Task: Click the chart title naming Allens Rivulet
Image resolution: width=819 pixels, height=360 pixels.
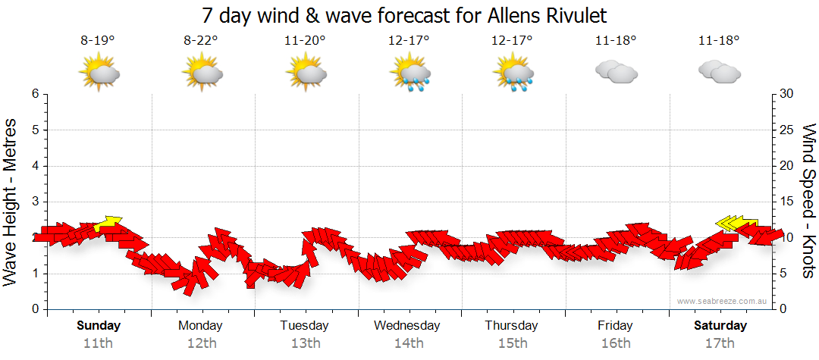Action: click(x=405, y=16)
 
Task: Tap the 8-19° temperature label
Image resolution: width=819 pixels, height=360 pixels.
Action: click(x=98, y=41)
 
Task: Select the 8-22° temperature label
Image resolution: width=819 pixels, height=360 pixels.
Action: click(x=201, y=41)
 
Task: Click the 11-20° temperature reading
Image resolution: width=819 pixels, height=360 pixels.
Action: click(x=305, y=41)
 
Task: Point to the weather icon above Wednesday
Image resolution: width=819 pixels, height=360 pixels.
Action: click(x=409, y=74)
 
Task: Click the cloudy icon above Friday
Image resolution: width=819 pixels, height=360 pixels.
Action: click(x=616, y=72)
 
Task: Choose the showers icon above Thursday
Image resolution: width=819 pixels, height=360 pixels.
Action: click(x=513, y=74)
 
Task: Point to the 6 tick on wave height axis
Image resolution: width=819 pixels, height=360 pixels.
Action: click(x=34, y=94)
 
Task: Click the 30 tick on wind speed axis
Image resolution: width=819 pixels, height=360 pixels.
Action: click(x=787, y=94)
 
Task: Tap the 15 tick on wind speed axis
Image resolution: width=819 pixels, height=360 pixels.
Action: click(x=787, y=202)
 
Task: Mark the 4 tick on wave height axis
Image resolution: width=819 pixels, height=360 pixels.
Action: click(x=34, y=166)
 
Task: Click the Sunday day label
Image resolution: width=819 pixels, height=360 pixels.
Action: click(x=99, y=326)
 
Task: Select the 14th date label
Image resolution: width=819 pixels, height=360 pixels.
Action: click(x=408, y=343)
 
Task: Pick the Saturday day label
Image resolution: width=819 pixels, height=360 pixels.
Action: click(x=720, y=326)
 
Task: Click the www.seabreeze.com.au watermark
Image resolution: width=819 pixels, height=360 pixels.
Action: click(x=722, y=301)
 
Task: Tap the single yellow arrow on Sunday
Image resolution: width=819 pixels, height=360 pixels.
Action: click(x=109, y=221)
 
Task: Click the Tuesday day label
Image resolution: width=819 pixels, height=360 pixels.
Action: click(x=304, y=326)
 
